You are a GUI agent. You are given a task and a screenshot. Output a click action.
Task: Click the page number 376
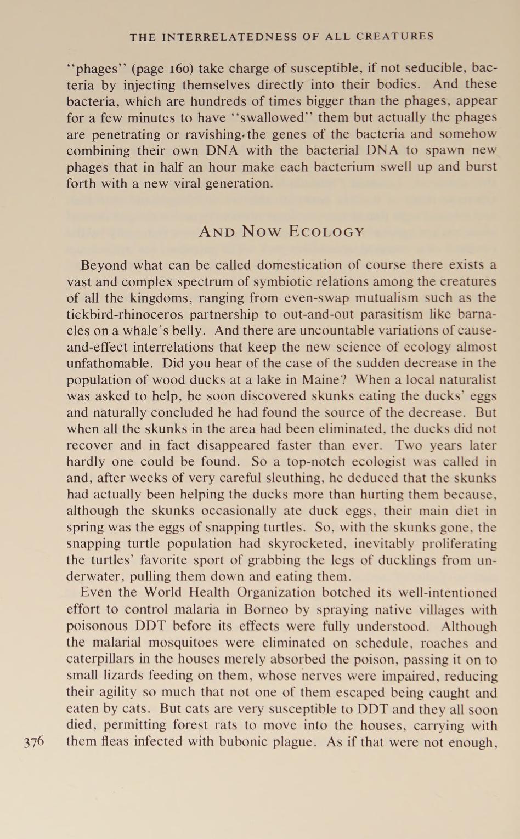click(x=34, y=742)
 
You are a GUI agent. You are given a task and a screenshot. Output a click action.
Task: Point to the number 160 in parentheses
click(x=179, y=69)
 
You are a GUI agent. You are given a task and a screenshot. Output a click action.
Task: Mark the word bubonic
click(x=249, y=742)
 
